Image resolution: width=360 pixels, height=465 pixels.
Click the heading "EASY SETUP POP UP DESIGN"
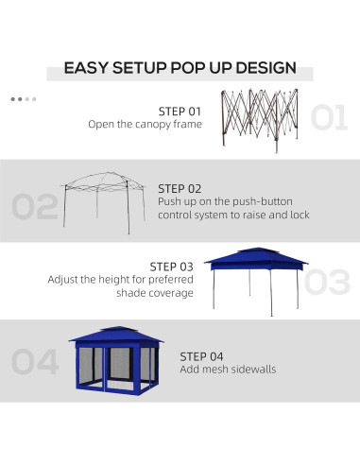click(x=180, y=68)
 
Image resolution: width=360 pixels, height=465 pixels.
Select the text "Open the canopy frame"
click(x=145, y=124)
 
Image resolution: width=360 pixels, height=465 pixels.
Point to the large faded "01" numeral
click(x=329, y=118)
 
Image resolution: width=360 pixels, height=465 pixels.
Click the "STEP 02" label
click(x=179, y=188)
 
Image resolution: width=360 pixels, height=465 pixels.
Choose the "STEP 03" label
click(x=171, y=267)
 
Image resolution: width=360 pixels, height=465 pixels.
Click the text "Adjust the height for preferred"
click(x=120, y=280)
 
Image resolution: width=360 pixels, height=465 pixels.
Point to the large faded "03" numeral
click(x=326, y=281)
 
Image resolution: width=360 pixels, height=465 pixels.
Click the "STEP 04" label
click(x=202, y=355)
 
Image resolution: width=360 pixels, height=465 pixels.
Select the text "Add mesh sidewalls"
click(x=228, y=370)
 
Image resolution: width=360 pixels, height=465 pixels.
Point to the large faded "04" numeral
click(x=35, y=361)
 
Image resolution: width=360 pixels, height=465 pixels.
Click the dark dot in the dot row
click(x=13, y=98)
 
